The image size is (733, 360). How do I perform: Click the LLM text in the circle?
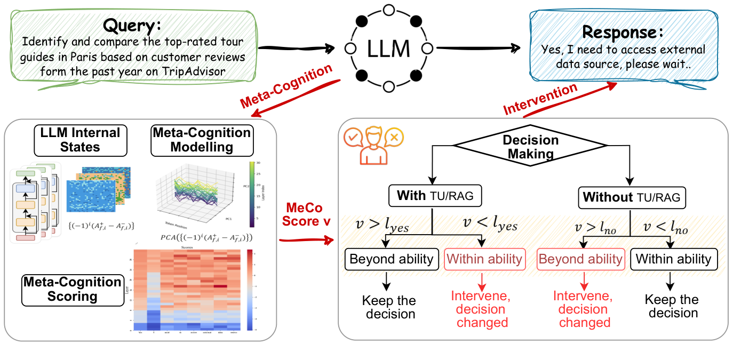pyautogui.click(x=388, y=49)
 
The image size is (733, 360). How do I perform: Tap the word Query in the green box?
pyautogui.click(x=132, y=25)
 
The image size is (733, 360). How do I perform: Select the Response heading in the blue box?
pyautogui.click(x=623, y=32)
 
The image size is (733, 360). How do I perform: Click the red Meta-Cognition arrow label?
pyautogui.click(x=285, y=85)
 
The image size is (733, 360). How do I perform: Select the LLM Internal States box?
pyautogui.click(x=81, y=140)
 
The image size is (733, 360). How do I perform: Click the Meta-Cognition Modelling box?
pyautogui.click(x=202, y=140)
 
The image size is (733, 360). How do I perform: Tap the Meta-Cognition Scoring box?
pyautogui.click(x=73, y=289)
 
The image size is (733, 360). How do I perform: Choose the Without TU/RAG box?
pyautogui.click(x=632, y=197)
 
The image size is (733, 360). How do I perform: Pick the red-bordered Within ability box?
pyautogui.click(x=484, y=259)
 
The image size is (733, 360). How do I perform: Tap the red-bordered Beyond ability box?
pyautogui.click(x=580, y=259)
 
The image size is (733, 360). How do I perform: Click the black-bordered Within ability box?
pyautogui.click(x=673, y=259)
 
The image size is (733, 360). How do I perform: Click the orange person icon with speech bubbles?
pyautogui.click(x=371, y=143)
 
